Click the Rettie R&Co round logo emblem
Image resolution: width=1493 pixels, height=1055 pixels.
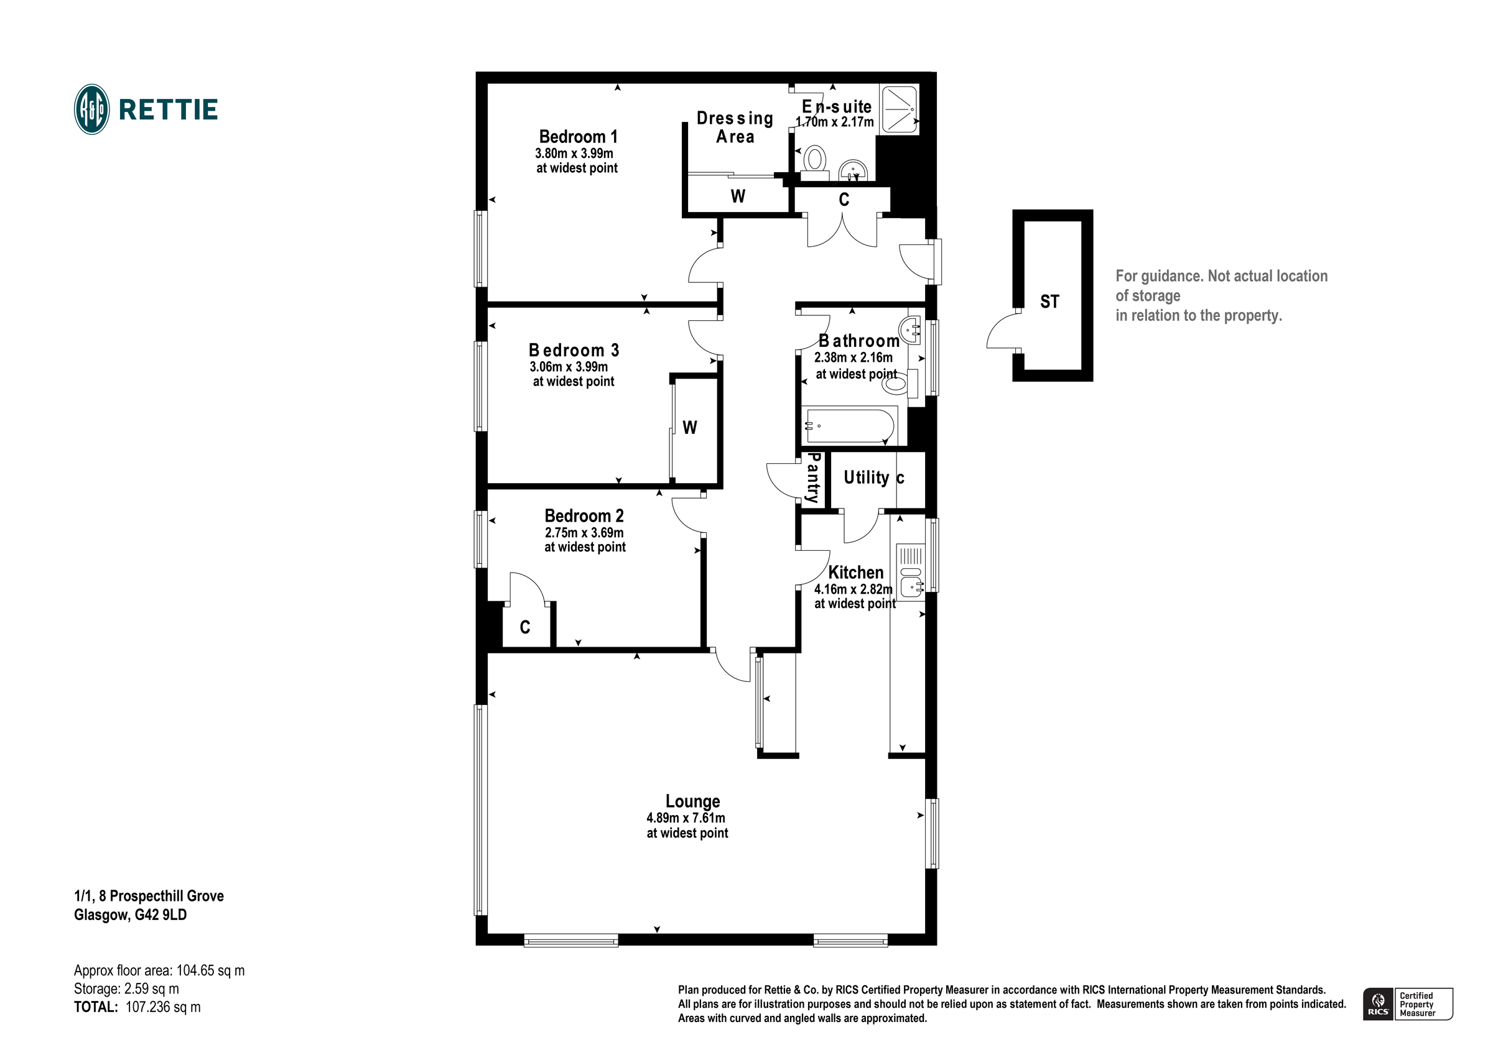(91, 109)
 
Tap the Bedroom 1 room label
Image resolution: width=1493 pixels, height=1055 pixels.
(577, 137)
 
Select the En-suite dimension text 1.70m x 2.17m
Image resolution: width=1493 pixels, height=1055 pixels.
(834, 122)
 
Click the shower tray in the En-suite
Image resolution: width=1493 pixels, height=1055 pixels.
(898, 109)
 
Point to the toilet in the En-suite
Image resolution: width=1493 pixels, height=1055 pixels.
(814, 161)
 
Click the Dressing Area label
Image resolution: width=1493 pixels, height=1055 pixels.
(735, 127)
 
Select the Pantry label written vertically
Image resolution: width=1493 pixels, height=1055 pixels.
(812, 479)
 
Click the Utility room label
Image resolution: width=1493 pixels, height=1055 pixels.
(865, 478)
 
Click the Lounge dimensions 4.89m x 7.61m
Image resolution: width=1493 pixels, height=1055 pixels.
(686, 818)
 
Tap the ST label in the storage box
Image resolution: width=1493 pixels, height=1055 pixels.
(1049, 302)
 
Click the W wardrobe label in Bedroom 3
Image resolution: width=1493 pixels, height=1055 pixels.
(689, 428)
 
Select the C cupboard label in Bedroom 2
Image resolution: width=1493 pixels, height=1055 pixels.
(525, 627)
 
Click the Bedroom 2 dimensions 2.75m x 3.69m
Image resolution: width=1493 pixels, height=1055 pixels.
(584, 533)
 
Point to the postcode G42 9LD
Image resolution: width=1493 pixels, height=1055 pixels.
(160, 915)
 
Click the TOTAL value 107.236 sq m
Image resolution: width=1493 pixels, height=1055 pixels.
(162, 1008)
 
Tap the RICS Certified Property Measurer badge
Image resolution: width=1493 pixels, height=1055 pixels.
(1407, 1004)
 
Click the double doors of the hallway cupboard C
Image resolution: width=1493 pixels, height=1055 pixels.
(843, 231)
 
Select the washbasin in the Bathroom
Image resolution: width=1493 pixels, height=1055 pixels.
(912, 329)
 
